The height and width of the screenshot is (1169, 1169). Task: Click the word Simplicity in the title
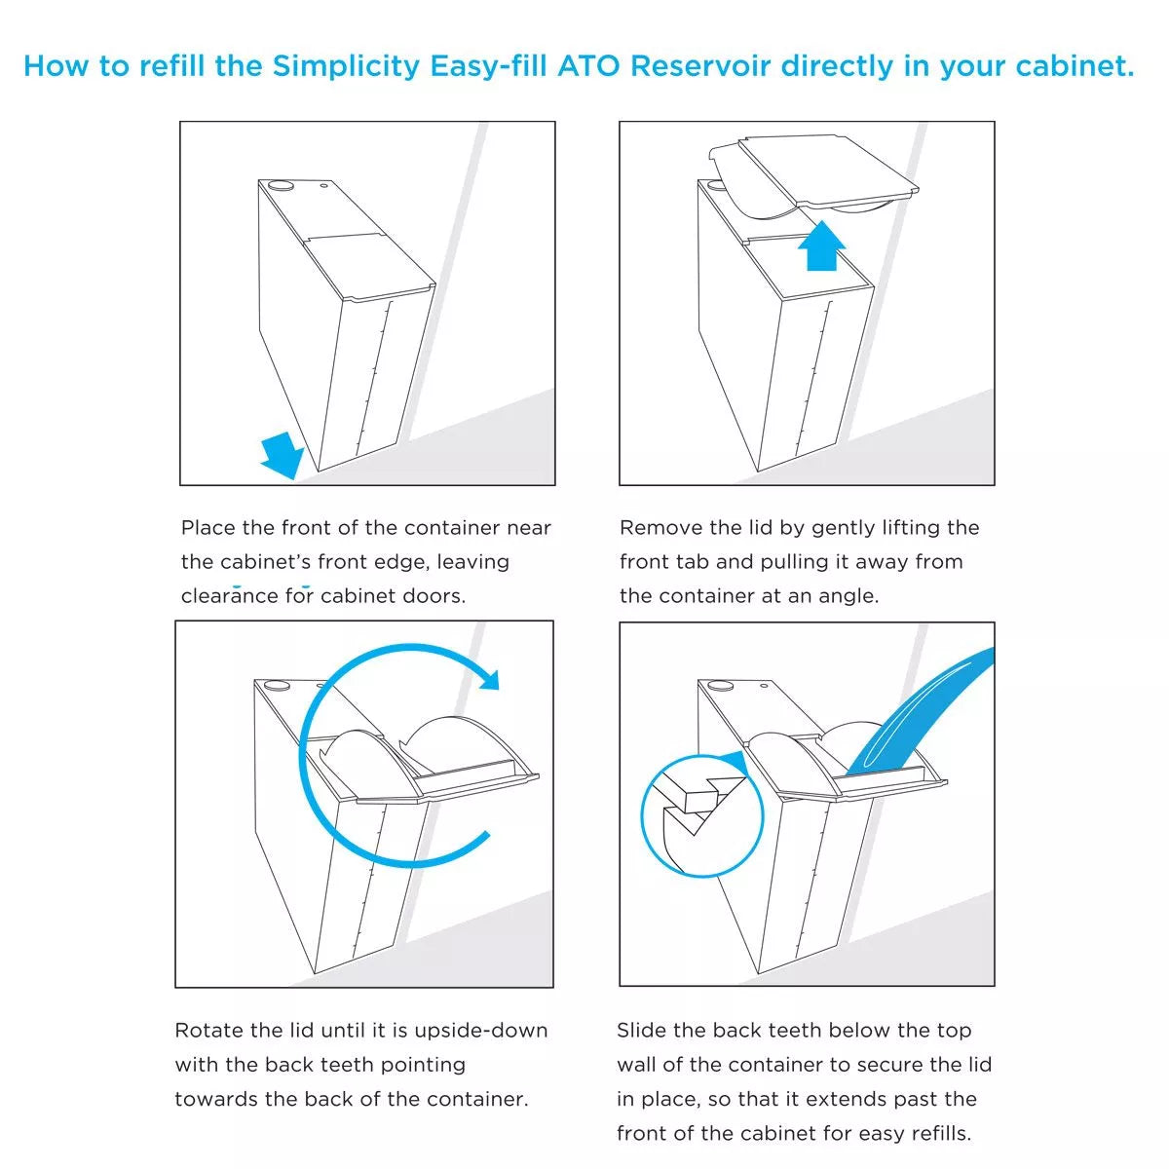pos(347,67)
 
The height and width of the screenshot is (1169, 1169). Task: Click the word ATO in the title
pos(590,67)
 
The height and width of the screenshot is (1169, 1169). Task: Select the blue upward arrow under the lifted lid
pos(821,245)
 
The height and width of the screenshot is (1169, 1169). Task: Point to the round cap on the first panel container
pos(281,184)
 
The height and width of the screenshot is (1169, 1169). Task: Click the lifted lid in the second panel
pos(814,172)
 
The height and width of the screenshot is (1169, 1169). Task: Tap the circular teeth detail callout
pos(701,816)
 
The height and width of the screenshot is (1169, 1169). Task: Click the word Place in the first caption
pos(208,528)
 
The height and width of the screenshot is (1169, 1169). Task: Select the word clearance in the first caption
pos(229,596)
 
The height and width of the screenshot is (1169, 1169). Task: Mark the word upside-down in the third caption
pos(481,1031)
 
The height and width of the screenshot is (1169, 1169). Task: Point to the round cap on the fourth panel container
pos(720,685)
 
